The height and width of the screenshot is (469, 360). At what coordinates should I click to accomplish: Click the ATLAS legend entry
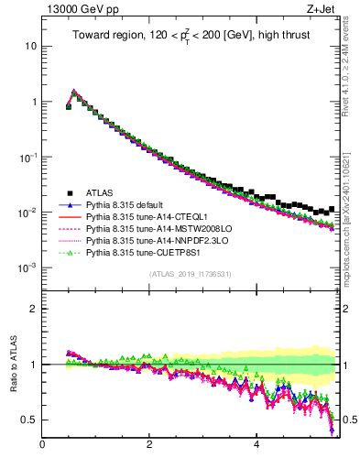click(99, 192)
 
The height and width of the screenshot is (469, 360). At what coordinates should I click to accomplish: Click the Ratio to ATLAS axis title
click(13, 365)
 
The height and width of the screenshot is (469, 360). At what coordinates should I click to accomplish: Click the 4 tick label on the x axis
click(256, 446)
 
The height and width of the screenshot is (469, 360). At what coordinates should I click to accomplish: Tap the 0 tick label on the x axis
click(42, 446)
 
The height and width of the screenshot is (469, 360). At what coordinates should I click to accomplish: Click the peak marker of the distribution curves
click(74, 92)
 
